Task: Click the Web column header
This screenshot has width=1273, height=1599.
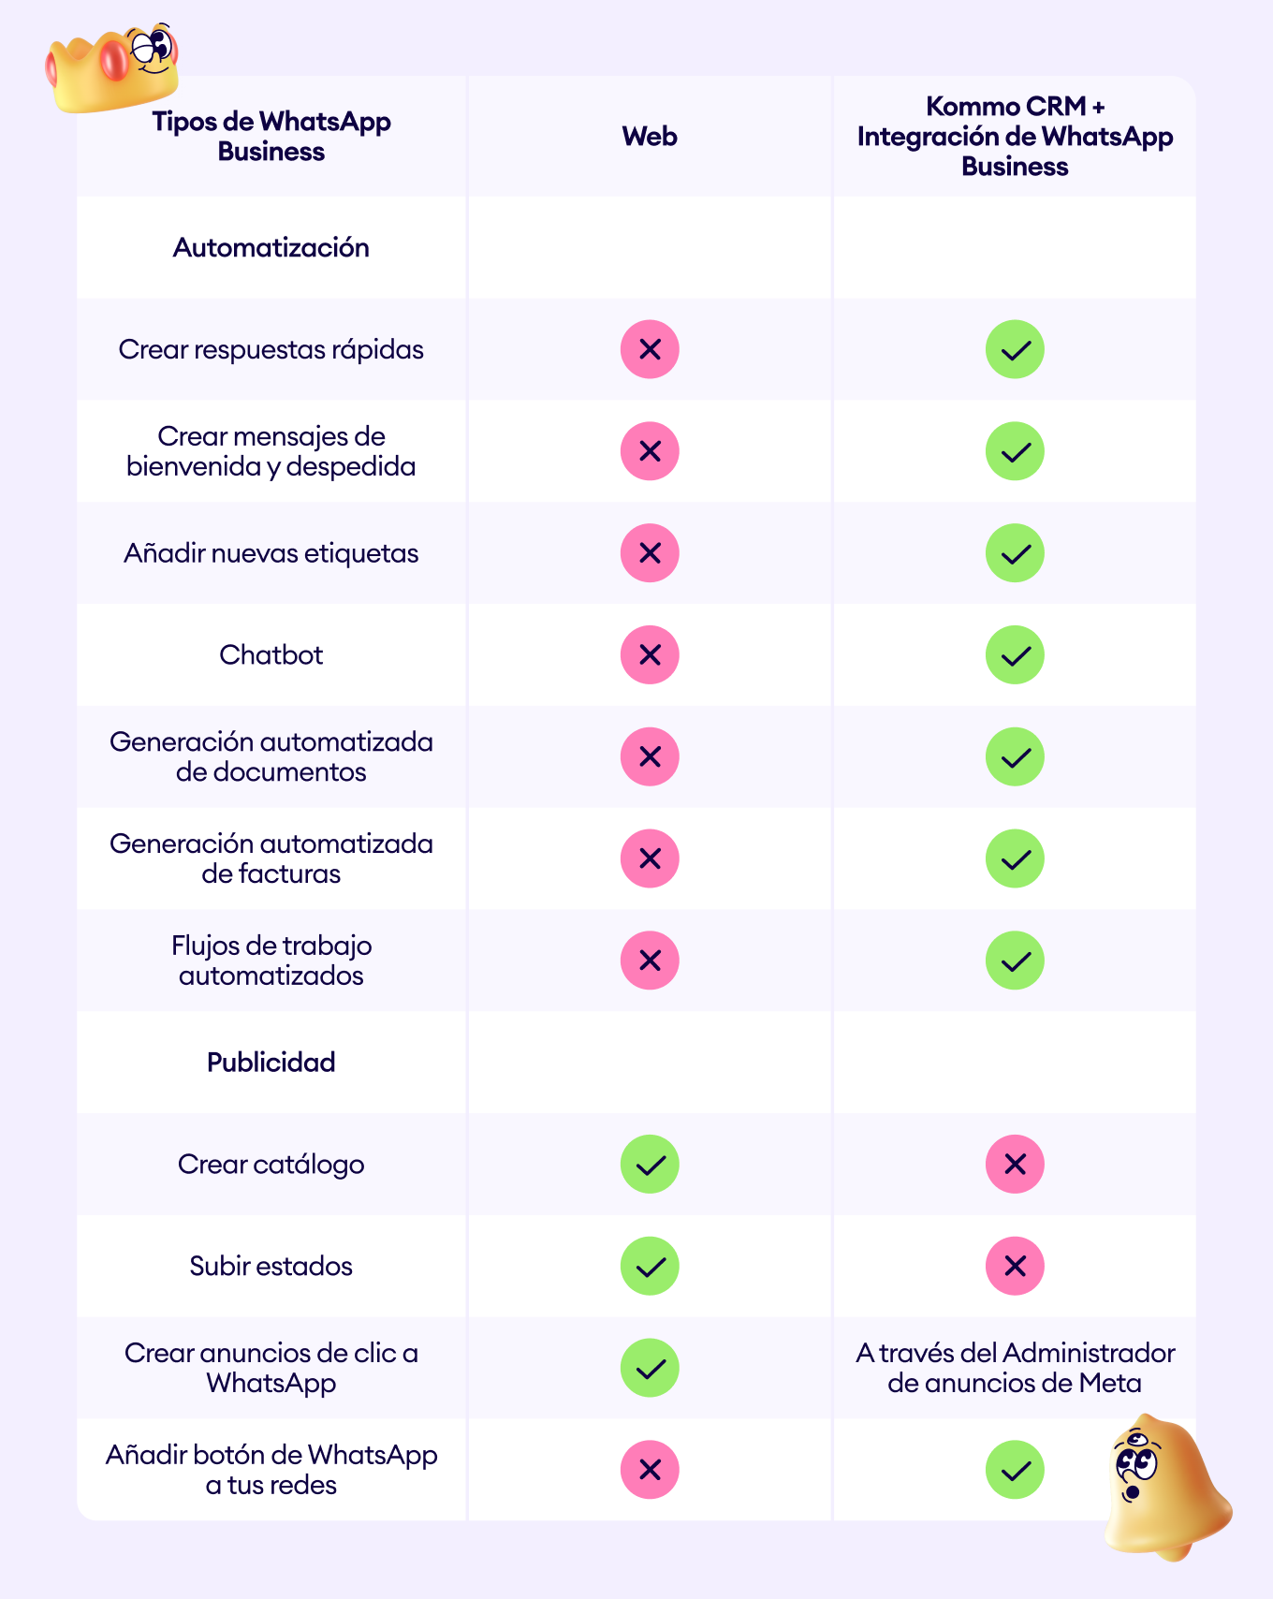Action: coord(650,137)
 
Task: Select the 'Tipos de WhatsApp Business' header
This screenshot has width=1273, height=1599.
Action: coord(271,137)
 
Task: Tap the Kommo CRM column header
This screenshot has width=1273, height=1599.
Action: coord(1015,137)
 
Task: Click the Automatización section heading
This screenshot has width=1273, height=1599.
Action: coord(271,248)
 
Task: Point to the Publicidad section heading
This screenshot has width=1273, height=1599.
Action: coord(271,1063)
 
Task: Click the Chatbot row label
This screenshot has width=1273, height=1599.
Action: coord(271,655)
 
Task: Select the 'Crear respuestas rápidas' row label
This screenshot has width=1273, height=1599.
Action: coord(271,350)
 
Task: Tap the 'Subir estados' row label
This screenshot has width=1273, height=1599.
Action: coord(271,1267)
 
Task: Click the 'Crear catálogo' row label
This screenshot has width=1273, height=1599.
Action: coord(271,1165)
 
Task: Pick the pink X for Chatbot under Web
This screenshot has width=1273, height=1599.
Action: coord(650,655)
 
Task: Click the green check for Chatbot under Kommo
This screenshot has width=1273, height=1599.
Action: coord(1015,655)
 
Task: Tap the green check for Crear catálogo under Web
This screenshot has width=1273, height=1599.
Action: coord(650,1165)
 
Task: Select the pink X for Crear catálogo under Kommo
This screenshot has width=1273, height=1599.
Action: coord(1015,1165)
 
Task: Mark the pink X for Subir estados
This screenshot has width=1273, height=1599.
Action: coord(1015,1267)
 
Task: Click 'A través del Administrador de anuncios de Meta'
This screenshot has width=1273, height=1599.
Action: coord(1015,1368)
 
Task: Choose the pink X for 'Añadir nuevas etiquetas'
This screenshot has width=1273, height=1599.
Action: coord(650,553)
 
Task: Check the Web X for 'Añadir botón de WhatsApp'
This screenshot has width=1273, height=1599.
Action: coord(650,1470)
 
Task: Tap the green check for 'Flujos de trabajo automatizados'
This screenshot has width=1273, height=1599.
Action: coord(1015,961)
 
